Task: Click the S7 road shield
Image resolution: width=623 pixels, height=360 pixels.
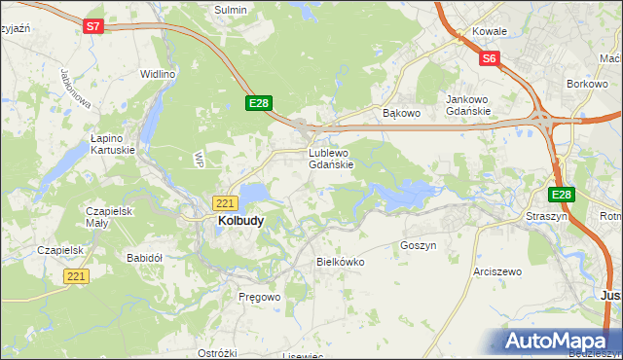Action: [x=93, y=27]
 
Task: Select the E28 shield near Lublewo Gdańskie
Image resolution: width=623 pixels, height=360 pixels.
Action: [x=258, y=103]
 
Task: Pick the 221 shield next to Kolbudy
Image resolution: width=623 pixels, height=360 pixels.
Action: [x=225, y=202]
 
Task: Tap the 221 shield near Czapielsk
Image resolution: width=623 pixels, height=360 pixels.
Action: [x=78, y=276]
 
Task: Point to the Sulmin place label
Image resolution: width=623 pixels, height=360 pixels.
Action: [x=231, y=10]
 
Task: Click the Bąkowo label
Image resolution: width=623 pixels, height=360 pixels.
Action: [x=400, y=114]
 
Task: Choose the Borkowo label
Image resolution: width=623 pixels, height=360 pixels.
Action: [x=587, y=86]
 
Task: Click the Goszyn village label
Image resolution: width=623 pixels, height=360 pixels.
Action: [x=418, y=246]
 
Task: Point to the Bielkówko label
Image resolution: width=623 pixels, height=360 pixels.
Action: [x=340, y=262]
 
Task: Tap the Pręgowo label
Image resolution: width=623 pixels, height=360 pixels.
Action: [x=259, y=296]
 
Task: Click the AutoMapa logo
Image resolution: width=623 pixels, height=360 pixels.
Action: [x=558, y=341]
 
